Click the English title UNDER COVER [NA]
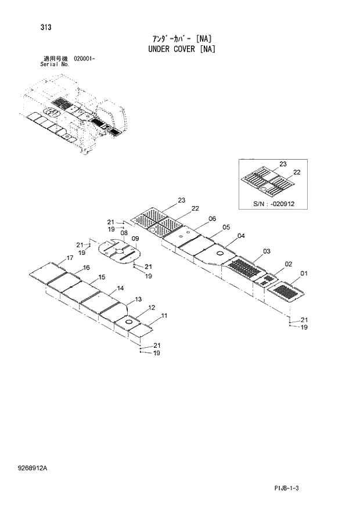(180, 49)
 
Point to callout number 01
(304, 273)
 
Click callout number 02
(287, 264)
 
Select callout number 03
(267, 251)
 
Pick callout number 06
(212, 218)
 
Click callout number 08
(124, 233)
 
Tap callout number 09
(135, 239)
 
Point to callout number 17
(70, 258)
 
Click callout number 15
(101, 278)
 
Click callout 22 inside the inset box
(296, 172)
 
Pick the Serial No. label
(55, 64)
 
